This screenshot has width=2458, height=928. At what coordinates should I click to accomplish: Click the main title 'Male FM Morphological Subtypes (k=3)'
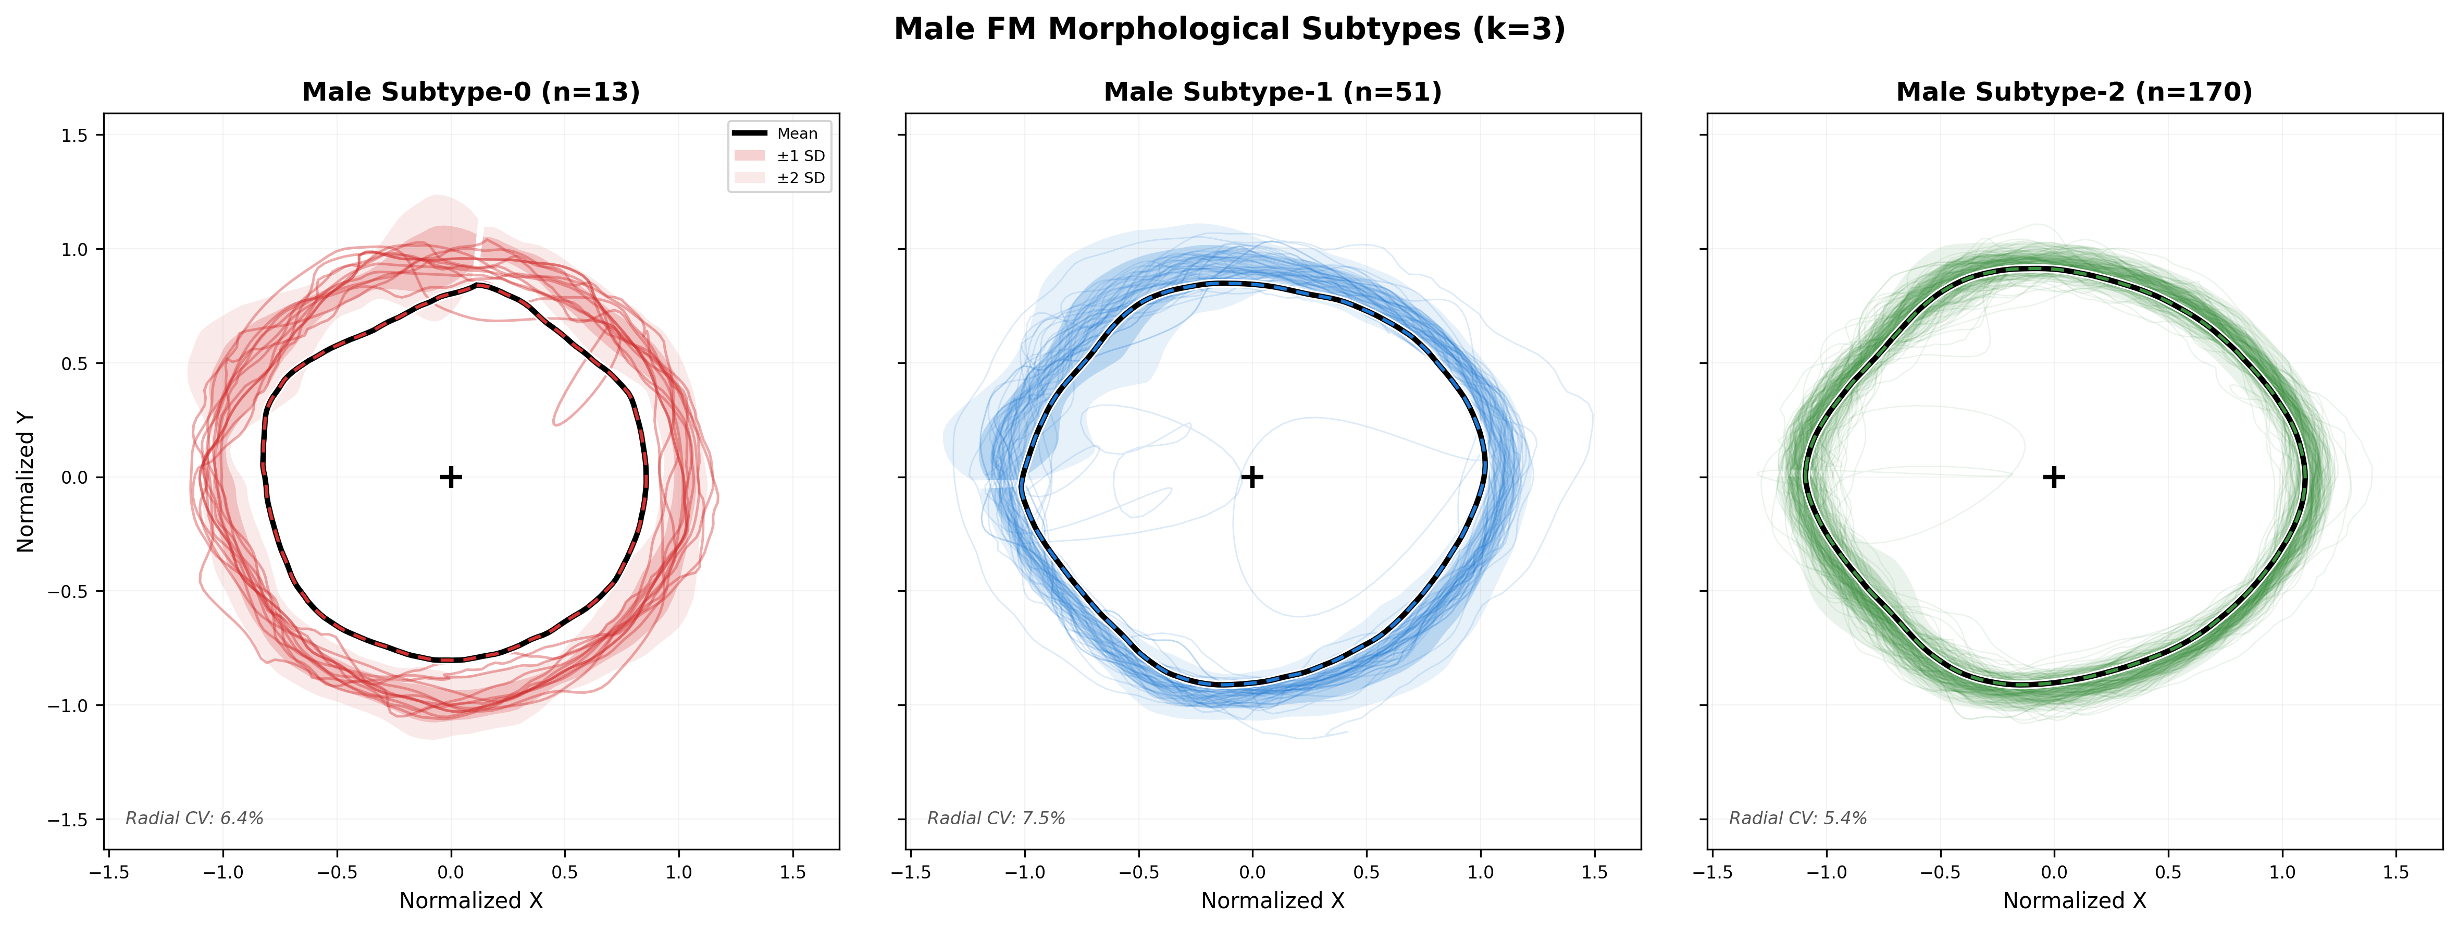tap(1229, 30)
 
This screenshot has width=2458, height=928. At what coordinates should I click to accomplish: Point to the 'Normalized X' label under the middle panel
tap(1272, 900)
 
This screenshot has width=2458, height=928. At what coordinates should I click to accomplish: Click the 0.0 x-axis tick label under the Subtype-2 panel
tap(2053, 872)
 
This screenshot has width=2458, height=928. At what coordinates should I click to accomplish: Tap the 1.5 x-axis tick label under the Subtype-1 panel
tap(1594, 872)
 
